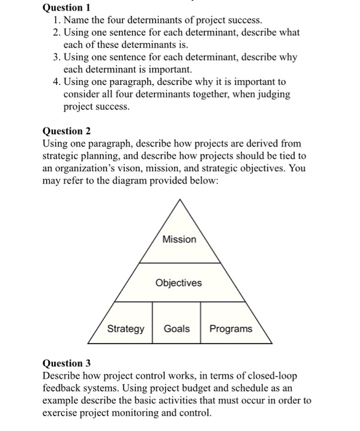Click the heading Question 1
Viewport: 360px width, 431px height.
click(66, 8)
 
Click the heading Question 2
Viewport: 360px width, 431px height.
click(66, 131)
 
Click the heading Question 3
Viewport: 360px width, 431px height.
click(66, 363)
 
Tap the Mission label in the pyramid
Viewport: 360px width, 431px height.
click(180, 239)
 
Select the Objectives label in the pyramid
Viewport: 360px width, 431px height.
click(178, 283)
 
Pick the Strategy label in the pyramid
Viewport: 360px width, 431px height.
click(126, 328)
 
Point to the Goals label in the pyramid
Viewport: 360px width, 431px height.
click(177, 328)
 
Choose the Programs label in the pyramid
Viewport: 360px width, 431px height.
click(231, 328)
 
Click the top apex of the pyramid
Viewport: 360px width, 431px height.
click(180, 199)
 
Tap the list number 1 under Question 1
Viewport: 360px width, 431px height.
click(55, 20)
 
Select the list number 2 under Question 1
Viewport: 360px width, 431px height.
click(55, 33)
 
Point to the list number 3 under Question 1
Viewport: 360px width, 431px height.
click(55, 57)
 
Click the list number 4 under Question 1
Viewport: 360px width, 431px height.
click(55, 82)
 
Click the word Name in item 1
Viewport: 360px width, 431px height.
click(77, 20)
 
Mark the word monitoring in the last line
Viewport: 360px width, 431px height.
click(130, 413)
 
